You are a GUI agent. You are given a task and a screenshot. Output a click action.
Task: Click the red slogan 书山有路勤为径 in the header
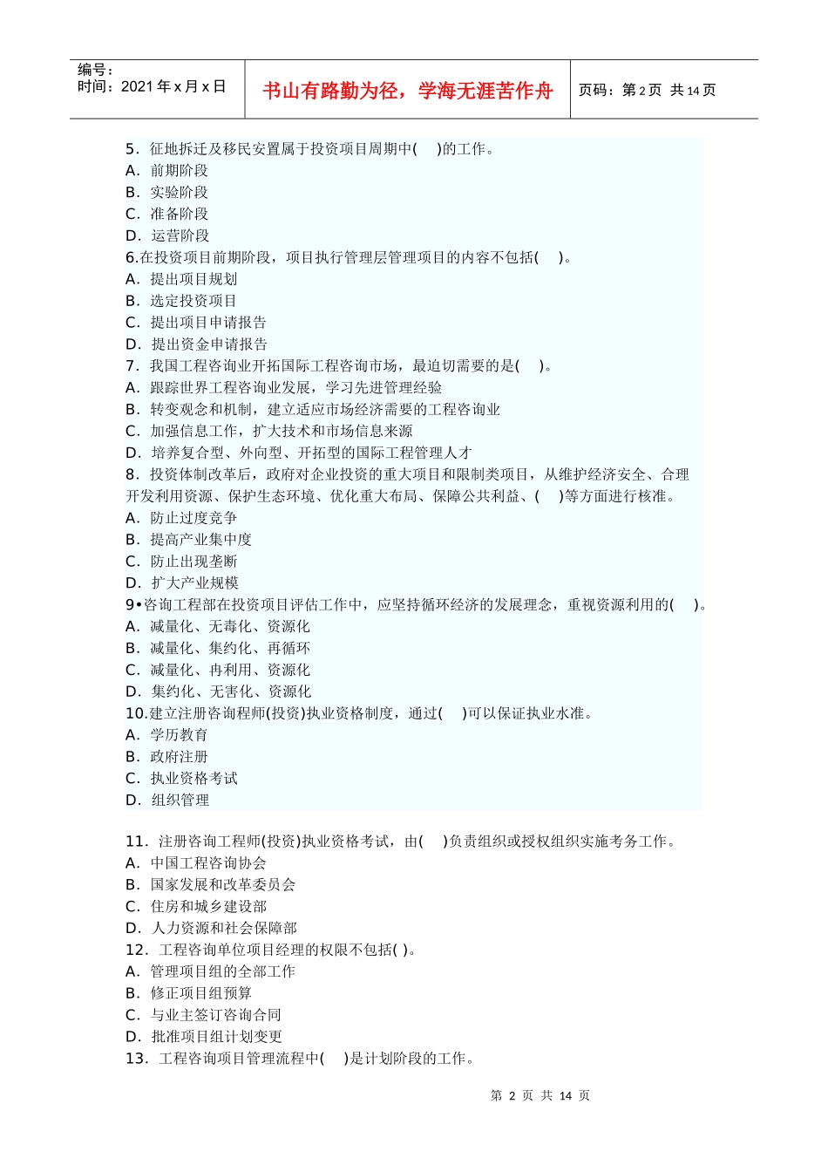407,91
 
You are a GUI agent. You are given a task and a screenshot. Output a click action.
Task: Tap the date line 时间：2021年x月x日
152,86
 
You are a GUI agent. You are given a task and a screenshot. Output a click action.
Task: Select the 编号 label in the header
95,70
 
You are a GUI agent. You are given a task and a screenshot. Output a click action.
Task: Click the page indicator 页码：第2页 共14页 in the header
647,90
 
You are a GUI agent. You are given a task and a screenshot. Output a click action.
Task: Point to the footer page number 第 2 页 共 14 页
540,1095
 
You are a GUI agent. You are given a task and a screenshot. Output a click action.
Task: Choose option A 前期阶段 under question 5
167,171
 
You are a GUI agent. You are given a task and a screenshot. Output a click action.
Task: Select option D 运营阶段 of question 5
167,235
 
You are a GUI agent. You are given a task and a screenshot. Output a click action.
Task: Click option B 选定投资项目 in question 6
181,301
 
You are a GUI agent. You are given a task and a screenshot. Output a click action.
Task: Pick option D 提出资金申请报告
197,344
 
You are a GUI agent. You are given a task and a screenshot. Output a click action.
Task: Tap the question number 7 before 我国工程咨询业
132,366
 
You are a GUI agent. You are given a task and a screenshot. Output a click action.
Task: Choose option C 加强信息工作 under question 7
269,431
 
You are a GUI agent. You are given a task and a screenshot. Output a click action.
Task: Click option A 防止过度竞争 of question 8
181,518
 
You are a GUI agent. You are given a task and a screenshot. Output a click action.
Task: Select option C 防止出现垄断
181,562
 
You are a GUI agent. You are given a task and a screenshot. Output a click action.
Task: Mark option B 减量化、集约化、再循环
218,648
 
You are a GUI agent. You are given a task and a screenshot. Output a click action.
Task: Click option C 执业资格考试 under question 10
181,779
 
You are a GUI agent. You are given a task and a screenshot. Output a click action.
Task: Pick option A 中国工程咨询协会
196,863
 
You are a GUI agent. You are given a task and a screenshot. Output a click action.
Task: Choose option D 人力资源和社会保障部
211,929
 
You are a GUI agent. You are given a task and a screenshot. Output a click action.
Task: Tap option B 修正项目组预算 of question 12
189,993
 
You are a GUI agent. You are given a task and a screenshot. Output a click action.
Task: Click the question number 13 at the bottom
136,1059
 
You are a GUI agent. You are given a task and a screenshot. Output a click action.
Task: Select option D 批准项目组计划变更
204,1037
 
